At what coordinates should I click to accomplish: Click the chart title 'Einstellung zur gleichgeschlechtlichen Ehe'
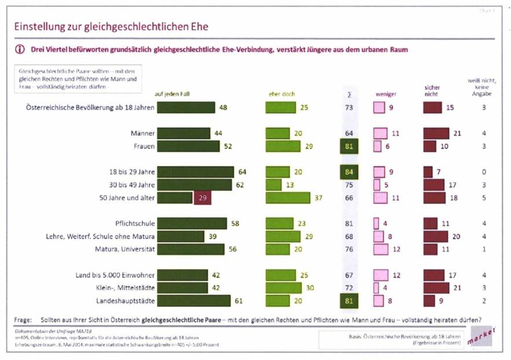(x=110, y=27)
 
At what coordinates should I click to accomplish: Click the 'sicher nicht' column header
(x=433, y=91)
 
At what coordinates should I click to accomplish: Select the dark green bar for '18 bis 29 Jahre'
(x=195, y=172)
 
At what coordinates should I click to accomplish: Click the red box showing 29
(x=202, y=198)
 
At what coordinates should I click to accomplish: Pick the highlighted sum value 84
(x=349, y=172)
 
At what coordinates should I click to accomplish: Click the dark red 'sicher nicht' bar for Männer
(x=436, y=134)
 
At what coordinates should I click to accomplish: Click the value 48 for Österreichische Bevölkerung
(x=223, y=107)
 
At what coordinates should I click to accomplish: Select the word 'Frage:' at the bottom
(x=24, y=319)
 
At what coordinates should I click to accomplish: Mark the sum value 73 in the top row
(x=349, y=108)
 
